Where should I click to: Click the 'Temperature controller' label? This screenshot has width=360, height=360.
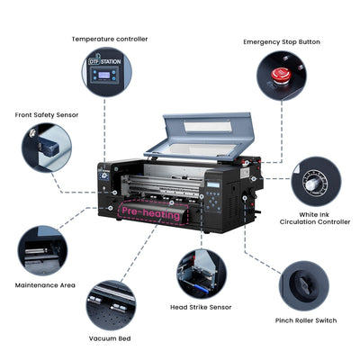110,39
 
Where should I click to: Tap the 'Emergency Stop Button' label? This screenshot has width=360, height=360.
281,41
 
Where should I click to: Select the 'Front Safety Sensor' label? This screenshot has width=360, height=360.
46,114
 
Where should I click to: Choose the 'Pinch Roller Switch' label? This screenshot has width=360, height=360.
306,319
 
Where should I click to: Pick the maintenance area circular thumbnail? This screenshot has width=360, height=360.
41,249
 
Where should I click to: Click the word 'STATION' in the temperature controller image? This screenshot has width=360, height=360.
111,62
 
